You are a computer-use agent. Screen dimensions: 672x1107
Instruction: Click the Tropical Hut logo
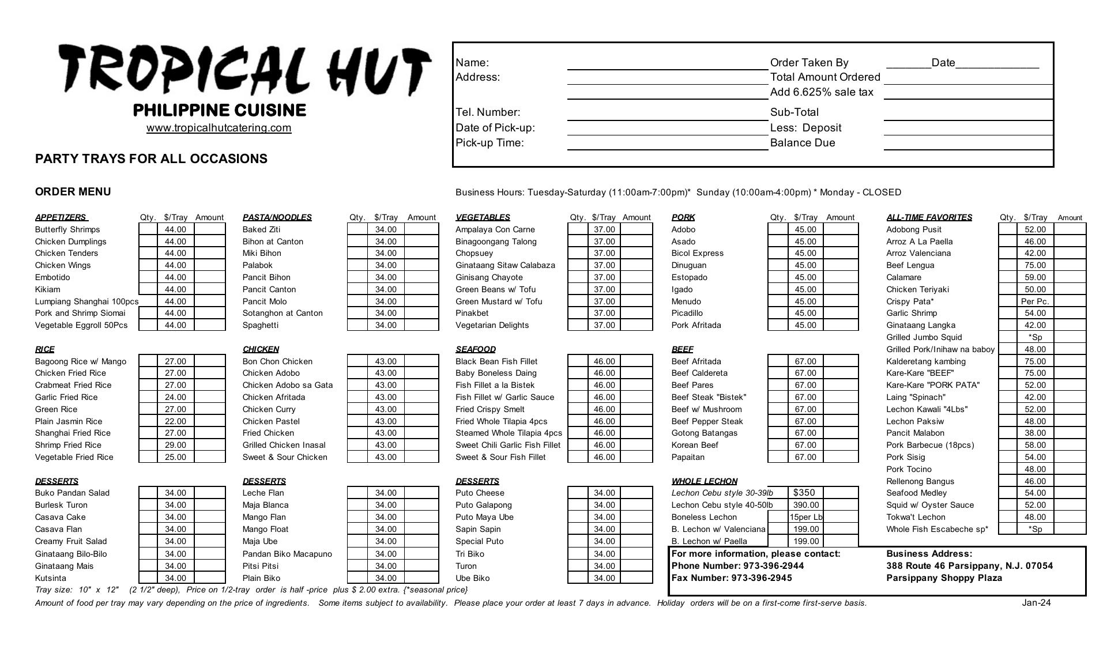click(244, 71)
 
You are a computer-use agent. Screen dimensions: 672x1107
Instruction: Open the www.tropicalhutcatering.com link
click(219, 128)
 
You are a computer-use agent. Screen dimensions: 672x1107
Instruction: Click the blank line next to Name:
click(667, 63)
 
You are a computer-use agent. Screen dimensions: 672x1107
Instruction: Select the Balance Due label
click(802, 143)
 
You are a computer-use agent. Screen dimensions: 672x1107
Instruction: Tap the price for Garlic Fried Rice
click(175, 397)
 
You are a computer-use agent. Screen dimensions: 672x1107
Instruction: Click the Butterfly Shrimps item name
click(67, 229)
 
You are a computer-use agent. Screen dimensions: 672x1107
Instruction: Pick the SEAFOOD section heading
click(475, 349)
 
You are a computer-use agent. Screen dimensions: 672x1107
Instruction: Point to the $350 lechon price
click(804, 493)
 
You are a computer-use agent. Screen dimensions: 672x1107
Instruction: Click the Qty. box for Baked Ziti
click(357, 229)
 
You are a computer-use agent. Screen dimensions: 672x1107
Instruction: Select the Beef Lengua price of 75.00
click(1034, 265)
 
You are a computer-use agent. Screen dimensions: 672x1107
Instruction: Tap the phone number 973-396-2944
click(773, 566)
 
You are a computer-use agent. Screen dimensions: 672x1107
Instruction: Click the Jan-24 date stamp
click(1036, 603)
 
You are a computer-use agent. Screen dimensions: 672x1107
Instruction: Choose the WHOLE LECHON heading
click(704, 481)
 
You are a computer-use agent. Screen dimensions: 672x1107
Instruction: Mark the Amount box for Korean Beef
click(840, 445)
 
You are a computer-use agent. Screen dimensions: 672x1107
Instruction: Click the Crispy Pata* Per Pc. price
click(1034, 301)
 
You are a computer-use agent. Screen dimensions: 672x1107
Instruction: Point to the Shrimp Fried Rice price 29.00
click(175, 445)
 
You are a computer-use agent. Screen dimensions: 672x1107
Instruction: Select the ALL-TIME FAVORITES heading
click(929, 217)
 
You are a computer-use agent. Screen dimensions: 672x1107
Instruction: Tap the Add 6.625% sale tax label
click(821, 92)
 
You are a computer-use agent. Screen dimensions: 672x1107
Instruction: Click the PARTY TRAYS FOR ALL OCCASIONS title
click(151, 159)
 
